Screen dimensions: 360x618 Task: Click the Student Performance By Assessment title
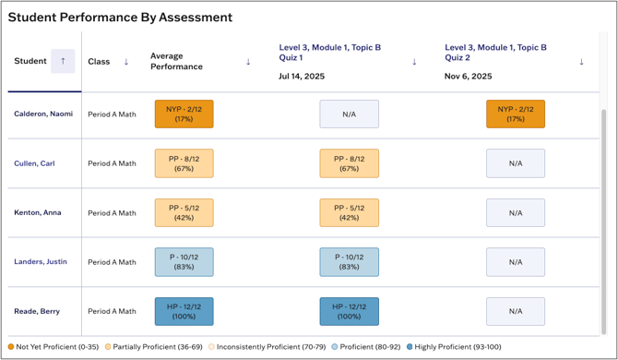(x=120, y=17)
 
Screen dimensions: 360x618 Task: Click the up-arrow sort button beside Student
(x=63, y=61)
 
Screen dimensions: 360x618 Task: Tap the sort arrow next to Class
(x=126, y=62)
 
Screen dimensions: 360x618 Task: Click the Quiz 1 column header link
(x=330, y=52)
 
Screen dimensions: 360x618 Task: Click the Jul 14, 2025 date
(x=302, y=77)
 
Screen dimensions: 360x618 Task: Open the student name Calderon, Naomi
(x=42, y=114)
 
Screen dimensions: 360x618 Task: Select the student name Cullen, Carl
(x=34, y=163)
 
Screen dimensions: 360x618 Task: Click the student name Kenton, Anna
(x=37, y=212)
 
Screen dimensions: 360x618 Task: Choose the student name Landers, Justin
(x=41, y=261)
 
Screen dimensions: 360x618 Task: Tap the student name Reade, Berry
(x=37, y=311)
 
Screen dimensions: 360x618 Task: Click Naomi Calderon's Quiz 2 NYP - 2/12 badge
(x=515, y=114)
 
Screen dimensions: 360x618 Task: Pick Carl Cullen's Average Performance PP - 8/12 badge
(x=184, y=163)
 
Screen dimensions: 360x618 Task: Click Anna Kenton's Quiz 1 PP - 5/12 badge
(x=349, y=212)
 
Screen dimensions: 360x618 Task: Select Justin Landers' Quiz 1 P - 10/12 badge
(x=349, y=261)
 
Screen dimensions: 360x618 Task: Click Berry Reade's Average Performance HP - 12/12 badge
(x=184, y=311)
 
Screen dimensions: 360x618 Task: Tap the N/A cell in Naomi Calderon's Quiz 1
(x=349, y=114)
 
